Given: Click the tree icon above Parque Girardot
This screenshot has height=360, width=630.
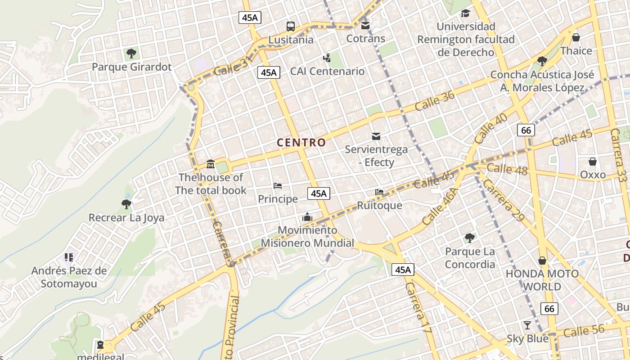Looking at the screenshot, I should click(131, 54).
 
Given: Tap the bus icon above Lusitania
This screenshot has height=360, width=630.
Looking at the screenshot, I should click(291, 27).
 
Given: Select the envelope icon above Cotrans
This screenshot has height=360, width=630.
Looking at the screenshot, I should click(365, 25).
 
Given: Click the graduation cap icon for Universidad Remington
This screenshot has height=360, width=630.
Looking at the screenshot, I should click(465, 13).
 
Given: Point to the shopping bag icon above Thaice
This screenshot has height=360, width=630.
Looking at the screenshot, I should click(576, 37).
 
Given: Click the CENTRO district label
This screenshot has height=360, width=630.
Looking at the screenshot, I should click(301, 143).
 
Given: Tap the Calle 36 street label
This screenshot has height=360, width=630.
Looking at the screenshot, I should click(435, 101).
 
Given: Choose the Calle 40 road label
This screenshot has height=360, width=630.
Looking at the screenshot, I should click(490, 128).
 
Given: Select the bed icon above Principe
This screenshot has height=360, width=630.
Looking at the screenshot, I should click(278, 186).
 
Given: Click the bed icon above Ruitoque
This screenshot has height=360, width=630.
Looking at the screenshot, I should click(379, 192).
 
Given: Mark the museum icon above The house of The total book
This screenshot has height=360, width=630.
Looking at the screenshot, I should click(210, 164).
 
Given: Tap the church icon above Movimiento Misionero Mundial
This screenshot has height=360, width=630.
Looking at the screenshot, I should click(307, 217).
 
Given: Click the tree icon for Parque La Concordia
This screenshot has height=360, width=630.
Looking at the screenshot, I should click(469, 238).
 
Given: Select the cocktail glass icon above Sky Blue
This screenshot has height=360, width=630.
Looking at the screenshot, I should click(527, 325).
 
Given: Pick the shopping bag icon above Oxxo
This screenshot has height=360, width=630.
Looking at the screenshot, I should click(593, 162).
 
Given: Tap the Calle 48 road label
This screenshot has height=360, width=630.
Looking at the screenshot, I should click(507, 169).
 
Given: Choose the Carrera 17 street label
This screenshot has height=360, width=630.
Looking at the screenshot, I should click(418, 308).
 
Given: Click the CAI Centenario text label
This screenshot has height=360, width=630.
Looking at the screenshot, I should click(327, 71).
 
